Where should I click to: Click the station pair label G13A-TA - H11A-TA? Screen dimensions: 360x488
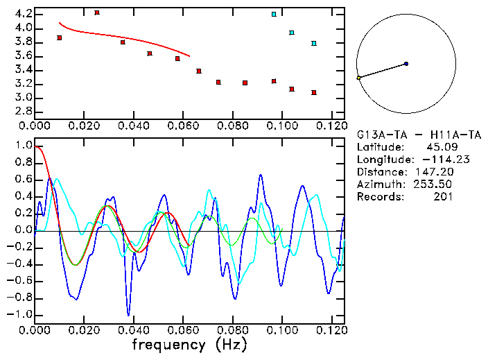pyautogui.click(x=419, y=134)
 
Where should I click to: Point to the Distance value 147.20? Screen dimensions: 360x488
pyautogui.click(x=435, y=171)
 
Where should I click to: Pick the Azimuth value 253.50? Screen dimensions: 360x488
pyautogui.click(x=435, y=184)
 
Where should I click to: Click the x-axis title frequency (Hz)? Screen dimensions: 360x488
pyautogui.click(x=189, y=344)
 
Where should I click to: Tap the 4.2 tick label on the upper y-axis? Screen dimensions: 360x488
pyautogui.click(x=24, y=14)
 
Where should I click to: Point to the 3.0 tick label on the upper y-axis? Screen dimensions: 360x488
pyautogui.click(x=24, y=98)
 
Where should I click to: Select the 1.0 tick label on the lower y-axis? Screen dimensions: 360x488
pyautogui.click(x=24, y=146)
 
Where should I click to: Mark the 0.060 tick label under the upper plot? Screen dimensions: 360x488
pyautogui.click(x=183, y=126)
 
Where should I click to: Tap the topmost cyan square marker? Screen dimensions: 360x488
pyautogui.click(x=274, y=14)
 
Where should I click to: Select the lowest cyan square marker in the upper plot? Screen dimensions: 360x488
pyautogui.click(x=314, y=43)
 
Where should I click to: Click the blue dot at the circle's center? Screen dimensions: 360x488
pyautogui.click(x=406, y=64)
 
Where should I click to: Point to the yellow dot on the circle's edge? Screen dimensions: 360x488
pyautogui.click(x=358, y=78)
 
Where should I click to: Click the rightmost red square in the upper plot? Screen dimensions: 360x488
pyautogui.click(x=314, y=92)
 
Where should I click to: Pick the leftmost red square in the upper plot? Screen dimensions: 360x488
pyautogui.click(x=60, y=37)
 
